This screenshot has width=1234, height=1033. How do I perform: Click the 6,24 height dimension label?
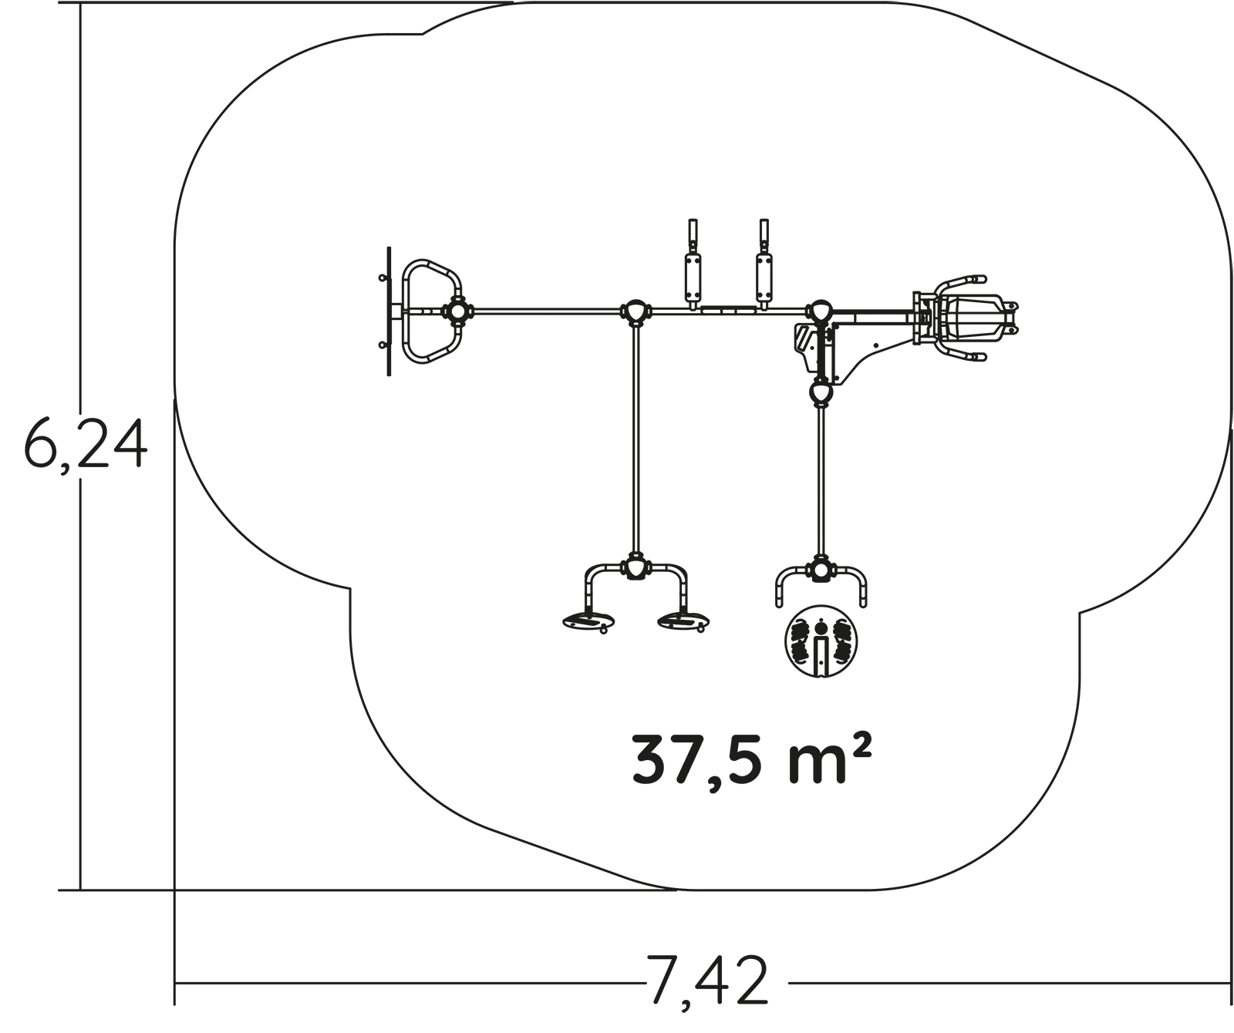click(85, 445)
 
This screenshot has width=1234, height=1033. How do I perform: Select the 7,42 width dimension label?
click(708, 980)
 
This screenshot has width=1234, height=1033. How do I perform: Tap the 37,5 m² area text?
click(752, 759)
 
